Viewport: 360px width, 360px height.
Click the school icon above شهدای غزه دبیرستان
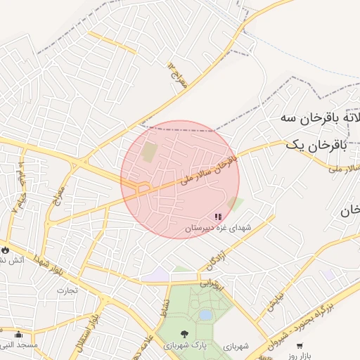pos(217,217)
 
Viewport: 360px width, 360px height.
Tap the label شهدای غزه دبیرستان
pos(217,229)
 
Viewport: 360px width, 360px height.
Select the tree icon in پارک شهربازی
pos(184,335)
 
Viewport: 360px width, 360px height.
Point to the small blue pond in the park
pos(205,315)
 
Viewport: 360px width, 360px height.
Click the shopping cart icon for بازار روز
pos(300,345)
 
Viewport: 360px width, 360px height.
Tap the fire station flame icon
pos(6,249)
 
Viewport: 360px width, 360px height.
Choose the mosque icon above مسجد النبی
pos(18,333)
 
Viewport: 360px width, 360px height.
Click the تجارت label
pos(67,290)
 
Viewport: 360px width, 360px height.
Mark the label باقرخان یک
pos(316,144)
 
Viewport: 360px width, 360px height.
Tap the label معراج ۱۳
pos(179,75)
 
